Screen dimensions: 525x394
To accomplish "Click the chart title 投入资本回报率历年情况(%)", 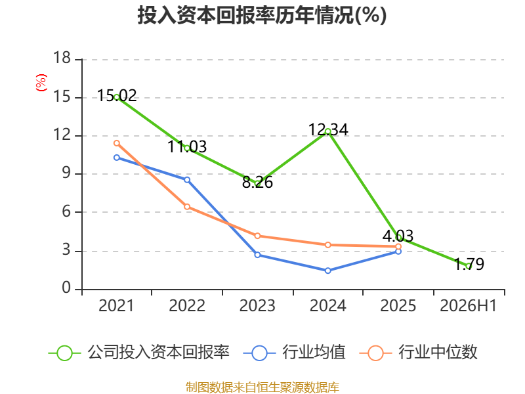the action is coord(262,15).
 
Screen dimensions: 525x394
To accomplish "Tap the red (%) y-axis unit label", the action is coord(41,83).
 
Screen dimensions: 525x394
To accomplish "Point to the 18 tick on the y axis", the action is coord(62,58).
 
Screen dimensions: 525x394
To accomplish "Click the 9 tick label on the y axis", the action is coord(66,173).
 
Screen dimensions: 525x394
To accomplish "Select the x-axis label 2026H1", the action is coord(468,305).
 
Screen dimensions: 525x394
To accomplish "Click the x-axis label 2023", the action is coord(257,305).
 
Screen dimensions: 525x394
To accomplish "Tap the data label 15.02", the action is coord(117,96).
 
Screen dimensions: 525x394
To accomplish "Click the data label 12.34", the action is coord(328,129).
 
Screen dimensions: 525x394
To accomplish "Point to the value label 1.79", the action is coord(469,264).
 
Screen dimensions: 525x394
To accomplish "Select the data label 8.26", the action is coord(257,183).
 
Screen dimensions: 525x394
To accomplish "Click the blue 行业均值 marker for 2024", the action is coord(327,271).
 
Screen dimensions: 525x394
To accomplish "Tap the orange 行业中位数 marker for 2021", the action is coord(117,143).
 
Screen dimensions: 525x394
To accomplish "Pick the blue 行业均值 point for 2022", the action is coord(187,180).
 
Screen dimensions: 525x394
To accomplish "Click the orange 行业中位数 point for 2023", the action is coord(257,236).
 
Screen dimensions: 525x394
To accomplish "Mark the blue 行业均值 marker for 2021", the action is coord(117,158).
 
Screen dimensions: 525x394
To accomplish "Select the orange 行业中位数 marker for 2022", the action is coord(187,207).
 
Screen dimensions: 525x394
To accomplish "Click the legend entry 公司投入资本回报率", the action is coord(139,353).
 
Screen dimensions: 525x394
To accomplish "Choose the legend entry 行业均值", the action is coord(294,353).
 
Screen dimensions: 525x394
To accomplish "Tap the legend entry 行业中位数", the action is coord(418,353).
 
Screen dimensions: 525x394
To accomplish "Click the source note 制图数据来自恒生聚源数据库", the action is coord(262,387).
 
